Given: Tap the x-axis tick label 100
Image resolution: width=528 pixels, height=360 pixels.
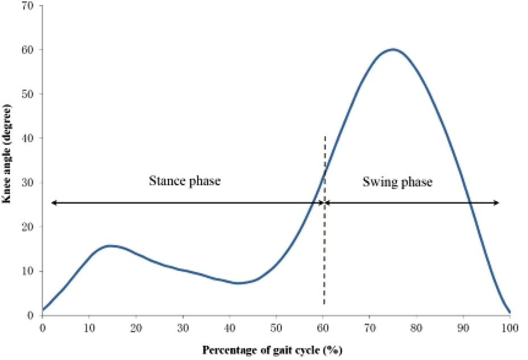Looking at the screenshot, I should point(510,328).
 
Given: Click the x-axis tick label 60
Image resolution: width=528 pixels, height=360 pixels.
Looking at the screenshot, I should point(323,328).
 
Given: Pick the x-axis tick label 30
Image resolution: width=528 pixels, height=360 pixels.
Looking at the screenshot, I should point(183,328).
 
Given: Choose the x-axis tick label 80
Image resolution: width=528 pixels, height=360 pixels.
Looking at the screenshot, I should point(416,328).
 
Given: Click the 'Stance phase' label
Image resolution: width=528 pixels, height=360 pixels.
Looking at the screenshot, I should point(185,182).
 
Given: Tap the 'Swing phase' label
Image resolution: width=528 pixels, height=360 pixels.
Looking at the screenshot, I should point(398,182).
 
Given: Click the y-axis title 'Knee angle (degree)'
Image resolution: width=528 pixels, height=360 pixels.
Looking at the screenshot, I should point(8,160).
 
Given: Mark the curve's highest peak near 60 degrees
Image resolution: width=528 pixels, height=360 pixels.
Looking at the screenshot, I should point(393,50).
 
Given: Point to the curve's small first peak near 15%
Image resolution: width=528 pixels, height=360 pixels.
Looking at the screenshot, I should point(110,246).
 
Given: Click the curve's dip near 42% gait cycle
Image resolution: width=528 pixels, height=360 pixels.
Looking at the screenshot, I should point(239,283).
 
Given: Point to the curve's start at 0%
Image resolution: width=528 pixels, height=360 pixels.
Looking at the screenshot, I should point(43,310).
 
